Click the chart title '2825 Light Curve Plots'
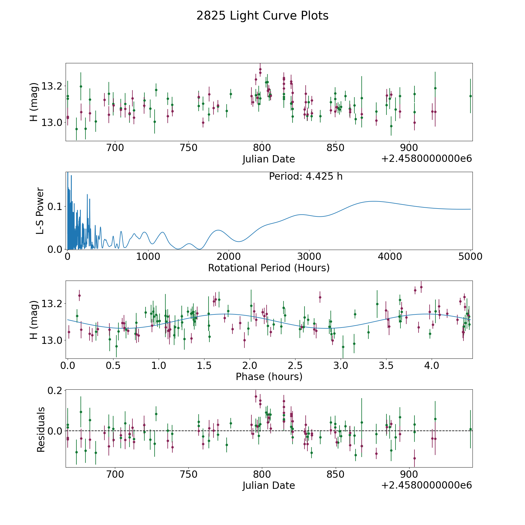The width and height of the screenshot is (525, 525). pyautogui.click(x=262, y=16)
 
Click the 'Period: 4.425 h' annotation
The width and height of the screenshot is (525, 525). pyautogui.click(x=305, y=176)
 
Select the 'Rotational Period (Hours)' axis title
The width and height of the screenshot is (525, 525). pyautogui.click(x=269, y=268)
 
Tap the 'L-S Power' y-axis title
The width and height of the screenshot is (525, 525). pyautogui.click(x=40, y=211)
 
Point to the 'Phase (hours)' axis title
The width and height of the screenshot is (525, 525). pyautogui.click(x=269, y=377)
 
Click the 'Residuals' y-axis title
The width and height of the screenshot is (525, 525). pyautogui.click(x=41, y=430)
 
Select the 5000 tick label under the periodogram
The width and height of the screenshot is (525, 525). pyautogui.click(x=470, y=256)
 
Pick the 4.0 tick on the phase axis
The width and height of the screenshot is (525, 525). pyautogui.click(x=431, y=365)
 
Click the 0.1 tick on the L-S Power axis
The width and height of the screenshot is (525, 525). pyautogui.click(x=55, y=206)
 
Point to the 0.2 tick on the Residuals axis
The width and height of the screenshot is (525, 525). pyautogui.click(x=55, y=391)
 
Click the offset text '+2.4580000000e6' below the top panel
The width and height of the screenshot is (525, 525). pyautogui.click(x=426, y=159)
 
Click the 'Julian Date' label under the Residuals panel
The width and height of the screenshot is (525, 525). pyautogui.click(x=269, y=486)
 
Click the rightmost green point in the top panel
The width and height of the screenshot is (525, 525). pyautogui.click(x=470, y=96)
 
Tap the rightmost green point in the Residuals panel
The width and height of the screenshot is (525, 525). pyautogui.click(x=470, y=429)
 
